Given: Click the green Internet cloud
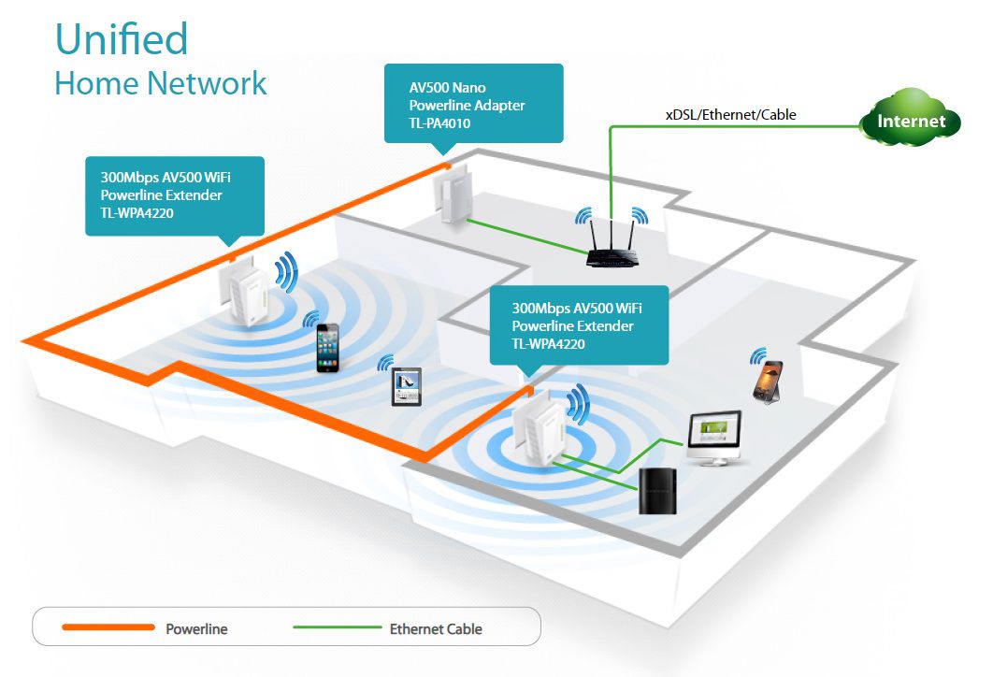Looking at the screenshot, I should (911, 119).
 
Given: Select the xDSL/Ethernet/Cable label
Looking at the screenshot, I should (730, 115).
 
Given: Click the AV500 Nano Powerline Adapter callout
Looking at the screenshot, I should (473, 103).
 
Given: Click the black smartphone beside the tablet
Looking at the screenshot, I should (327, 348).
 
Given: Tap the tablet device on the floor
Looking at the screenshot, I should (406, 386).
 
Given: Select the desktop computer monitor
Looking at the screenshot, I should (715, 436).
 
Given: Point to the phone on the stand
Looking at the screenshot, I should (767, 380).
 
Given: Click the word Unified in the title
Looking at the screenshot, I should (122, 39).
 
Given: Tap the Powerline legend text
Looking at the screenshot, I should (196, 629).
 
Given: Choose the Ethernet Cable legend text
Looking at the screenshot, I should (436, 629).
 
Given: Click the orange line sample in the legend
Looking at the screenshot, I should (107, 627).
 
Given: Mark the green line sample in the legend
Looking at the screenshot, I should (337, 627).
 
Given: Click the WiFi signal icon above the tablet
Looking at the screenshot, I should (385, 363).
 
